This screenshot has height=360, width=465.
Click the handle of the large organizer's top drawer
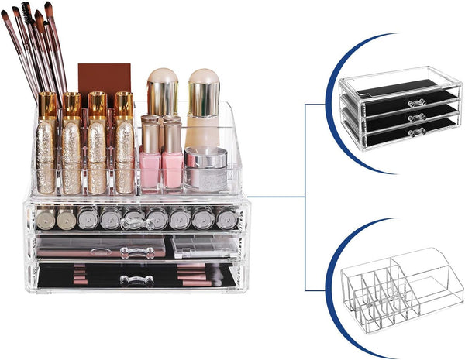tap(136, 225)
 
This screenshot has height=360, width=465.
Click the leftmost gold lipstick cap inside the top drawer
tap(45, 218)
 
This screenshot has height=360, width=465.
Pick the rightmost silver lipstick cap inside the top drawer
tap(227, 218)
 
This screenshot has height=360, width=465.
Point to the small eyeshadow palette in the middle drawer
tap(193, 247)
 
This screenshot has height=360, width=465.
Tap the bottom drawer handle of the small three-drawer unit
tap(419, 132)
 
